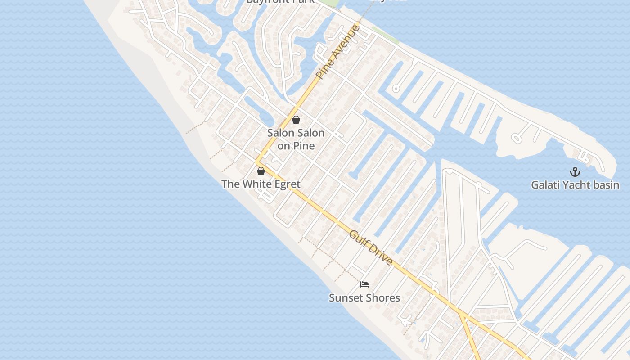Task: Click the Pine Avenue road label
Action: point(338,52)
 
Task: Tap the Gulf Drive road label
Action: point(371,247)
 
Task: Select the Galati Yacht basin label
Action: point(575,185)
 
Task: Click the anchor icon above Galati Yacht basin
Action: point(575,172)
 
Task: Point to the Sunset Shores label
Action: point(364,298)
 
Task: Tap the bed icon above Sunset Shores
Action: point(364,284)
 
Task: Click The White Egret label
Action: point(261,184)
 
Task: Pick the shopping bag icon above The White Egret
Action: point(261,171)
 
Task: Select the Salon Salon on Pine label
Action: point(296,139)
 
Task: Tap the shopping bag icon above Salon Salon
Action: point(296,120)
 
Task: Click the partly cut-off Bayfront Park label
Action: point(280,2)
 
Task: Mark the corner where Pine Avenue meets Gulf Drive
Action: point(257,163)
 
